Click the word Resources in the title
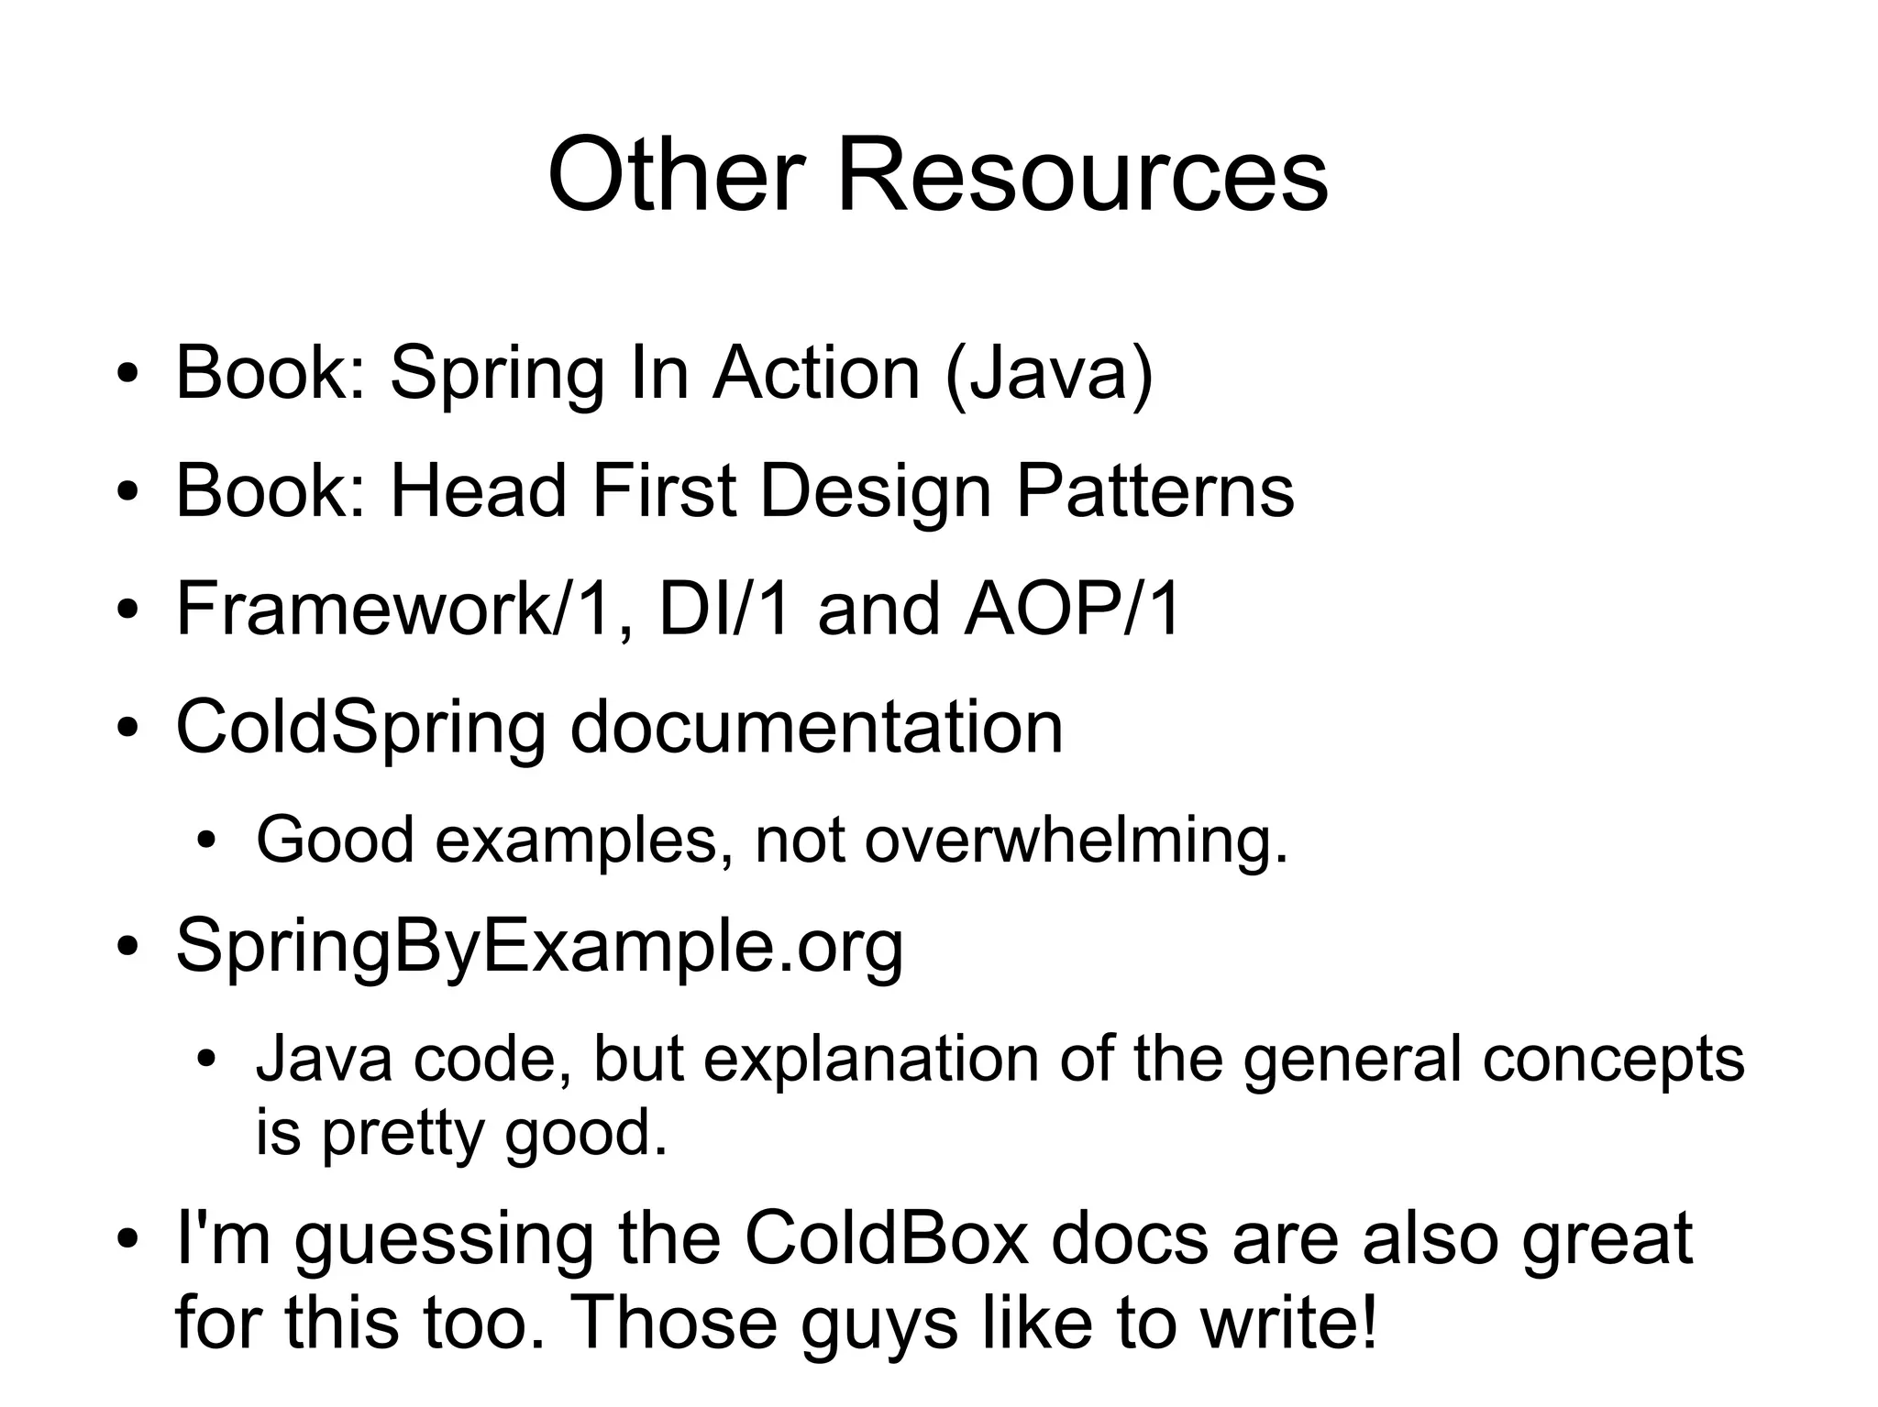coord(1082,174)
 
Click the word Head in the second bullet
coord(479,491)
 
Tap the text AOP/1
coord(1072,609)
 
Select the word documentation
coord(816,727)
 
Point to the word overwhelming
coord(1077,840)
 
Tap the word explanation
coord(871,1061)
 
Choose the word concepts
coord(1613,1061)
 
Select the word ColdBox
coord(886,1239)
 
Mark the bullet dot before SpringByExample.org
coord(127,947)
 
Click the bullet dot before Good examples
coord(208,841)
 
